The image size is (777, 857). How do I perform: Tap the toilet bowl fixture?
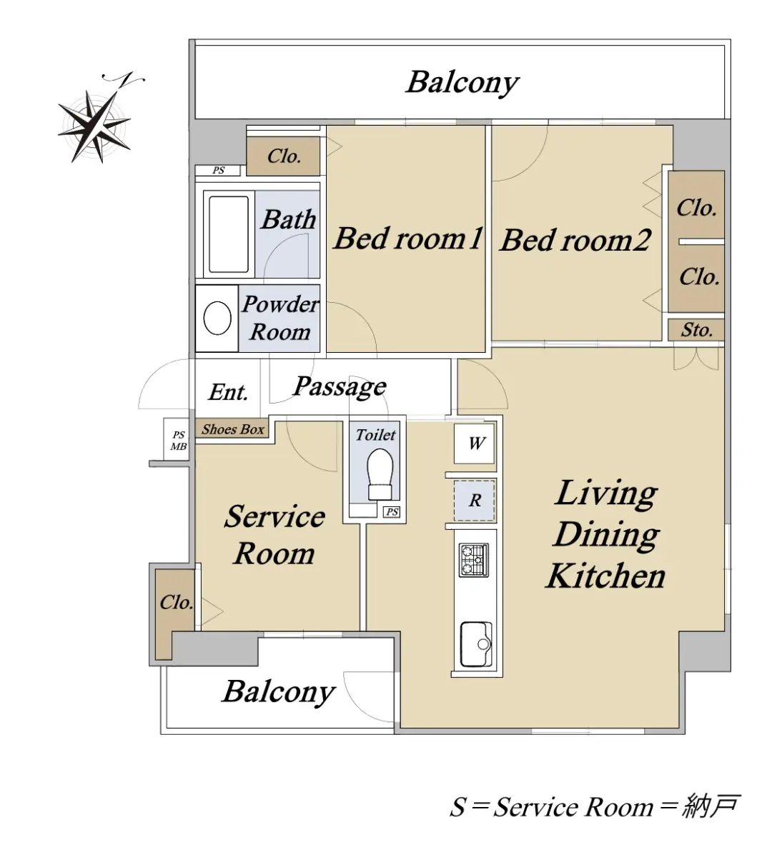point(380,473)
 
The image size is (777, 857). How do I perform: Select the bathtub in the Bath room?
point(228,234)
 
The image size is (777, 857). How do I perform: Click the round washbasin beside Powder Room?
point(217,318)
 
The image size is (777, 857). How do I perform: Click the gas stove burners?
point(473,560)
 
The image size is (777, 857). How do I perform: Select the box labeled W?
point(474,443)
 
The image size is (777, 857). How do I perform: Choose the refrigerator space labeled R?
point(474,500)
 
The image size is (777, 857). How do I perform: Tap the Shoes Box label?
point(232,429)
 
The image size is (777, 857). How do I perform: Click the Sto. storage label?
point(697,330)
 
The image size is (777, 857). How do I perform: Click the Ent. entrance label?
point(228,392)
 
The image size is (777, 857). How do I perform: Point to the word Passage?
point(340,388)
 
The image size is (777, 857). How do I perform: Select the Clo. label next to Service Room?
point(176,602)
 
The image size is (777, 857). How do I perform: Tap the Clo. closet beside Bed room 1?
point(284,156)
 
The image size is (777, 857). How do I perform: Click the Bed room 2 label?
point(575,240)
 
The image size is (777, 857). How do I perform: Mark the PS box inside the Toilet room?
point(392,512)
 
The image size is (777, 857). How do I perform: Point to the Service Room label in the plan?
point(274,536)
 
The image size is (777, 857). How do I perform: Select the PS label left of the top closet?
point(219,171)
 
